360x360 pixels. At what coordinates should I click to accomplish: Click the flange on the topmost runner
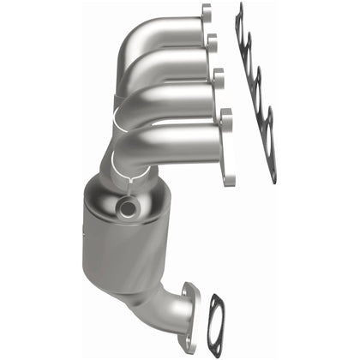(206, 15)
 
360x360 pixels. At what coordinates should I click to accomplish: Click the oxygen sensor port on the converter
(129, 207)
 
